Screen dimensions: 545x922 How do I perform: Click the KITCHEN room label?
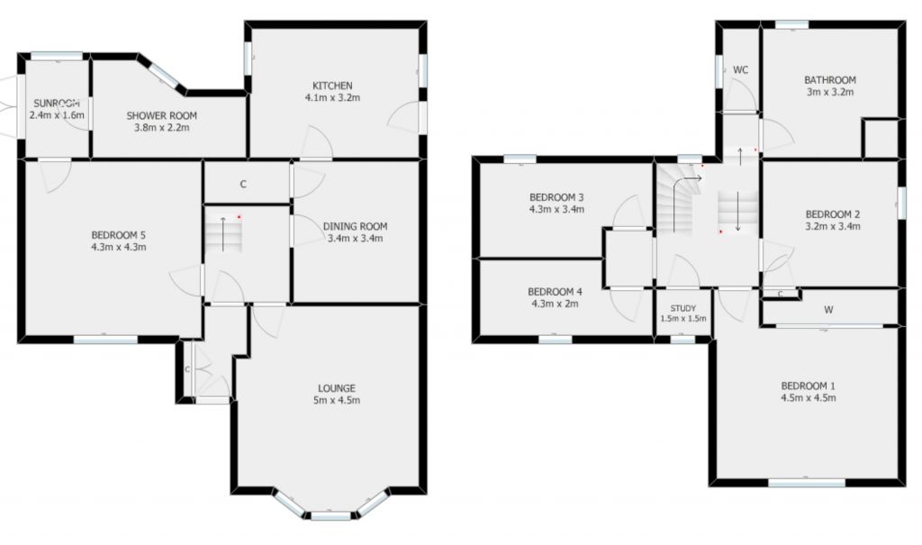328,86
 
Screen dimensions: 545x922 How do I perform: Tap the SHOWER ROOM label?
161,115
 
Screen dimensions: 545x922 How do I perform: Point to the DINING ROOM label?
356,226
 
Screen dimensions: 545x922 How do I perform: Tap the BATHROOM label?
829,80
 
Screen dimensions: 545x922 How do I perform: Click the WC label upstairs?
741,70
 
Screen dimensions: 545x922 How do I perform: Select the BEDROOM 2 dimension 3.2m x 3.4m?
833,227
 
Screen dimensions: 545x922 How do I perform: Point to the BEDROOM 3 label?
556,197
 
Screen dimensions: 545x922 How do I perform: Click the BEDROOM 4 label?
555,292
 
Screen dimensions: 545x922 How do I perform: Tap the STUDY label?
683,308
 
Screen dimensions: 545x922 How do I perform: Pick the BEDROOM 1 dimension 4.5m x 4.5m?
808,397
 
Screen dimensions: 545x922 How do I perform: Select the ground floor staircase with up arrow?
222,235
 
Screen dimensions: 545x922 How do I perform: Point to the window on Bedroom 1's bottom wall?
807,483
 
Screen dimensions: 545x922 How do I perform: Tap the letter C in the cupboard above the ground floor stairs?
243,185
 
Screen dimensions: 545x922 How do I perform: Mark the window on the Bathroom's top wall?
791,24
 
